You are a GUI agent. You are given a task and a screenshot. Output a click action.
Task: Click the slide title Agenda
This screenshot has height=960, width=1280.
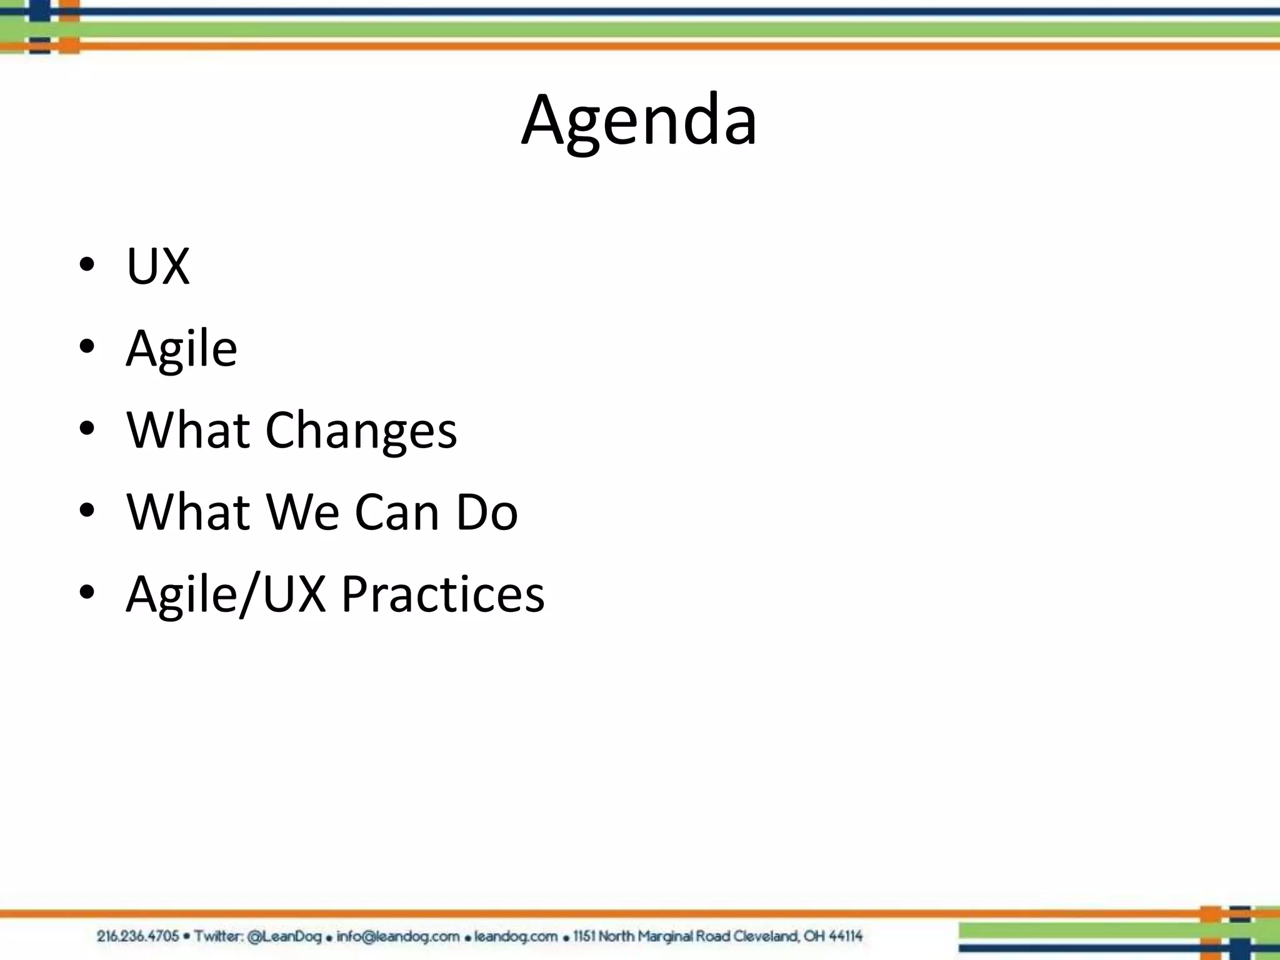click(x=639, y=120)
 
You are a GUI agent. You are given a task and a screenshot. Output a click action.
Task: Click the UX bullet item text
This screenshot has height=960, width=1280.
click(x=157, y=266)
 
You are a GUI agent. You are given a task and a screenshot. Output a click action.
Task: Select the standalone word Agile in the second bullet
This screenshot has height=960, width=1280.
click(x=181, y=349)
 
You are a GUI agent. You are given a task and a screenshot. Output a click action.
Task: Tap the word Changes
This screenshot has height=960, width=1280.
click(x=361, y=431)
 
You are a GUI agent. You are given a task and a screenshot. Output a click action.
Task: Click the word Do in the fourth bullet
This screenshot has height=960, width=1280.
click(x=487, y=512)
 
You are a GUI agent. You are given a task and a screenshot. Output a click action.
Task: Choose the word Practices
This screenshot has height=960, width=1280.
click(x=442, y=594)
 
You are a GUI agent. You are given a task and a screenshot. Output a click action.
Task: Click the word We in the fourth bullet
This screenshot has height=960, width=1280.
click(x=302, y=512)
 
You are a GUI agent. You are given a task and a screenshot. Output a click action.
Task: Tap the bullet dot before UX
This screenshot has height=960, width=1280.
click(x=87, y=266)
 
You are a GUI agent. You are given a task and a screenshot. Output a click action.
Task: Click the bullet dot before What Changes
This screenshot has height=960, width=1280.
click(x=87, y=429)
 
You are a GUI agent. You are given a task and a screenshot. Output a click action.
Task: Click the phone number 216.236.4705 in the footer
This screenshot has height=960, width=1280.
click(x=138, y=936)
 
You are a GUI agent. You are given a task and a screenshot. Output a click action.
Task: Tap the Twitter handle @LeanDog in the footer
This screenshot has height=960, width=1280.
click(x=284, y=936)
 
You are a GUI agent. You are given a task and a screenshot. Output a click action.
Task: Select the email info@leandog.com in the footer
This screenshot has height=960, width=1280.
click(x=398, y=936)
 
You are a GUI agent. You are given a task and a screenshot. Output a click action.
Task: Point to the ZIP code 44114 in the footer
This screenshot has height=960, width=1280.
click(x=846, y=936)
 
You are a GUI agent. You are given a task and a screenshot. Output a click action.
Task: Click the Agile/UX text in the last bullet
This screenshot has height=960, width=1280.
click(x=226, y=594)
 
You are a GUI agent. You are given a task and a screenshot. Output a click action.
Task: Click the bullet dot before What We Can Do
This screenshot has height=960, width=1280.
click(x=87, y=511)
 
